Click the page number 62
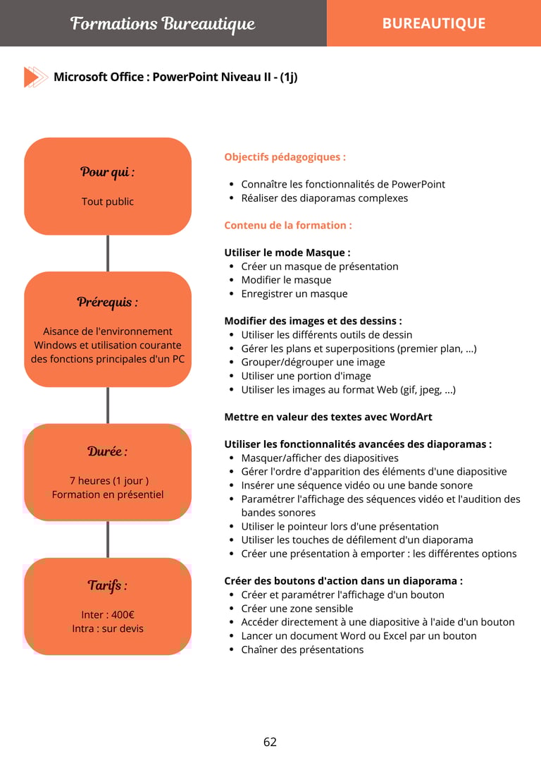(x=270, y=742)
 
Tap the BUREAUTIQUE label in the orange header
(x=433, y=23)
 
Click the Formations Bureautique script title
(x=162, y=24)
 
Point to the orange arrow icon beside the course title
(x=35, y=77)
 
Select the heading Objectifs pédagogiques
(x=285, y=157)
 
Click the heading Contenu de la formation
(x=287, y=226)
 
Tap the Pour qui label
(x=107, y=172)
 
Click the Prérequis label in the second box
(x=107, y=303)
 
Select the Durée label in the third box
(x=107, y=451)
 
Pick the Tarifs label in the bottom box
(x=107, y=585)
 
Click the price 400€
(x=121, y=615)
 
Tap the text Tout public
(x=107, y=202)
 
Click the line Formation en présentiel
(x=107, y=494)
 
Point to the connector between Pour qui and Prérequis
(x=108, y=253)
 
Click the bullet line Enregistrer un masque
(x=294, y=293)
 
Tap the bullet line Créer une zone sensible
(x=297, y=609)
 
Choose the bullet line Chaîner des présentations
(x=302, y=650)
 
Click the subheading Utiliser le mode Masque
(x=287, y=252)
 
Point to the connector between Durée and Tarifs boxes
(x=108, y=540)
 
